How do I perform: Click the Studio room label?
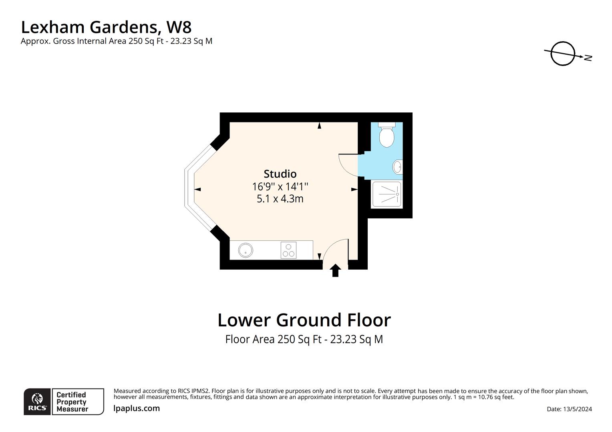point(280,174)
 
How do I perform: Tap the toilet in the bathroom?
point(387,136)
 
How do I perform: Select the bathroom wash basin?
point(397,167)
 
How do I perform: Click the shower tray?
point(387,194)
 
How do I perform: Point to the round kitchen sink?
point(245,251)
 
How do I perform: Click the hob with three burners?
point(288,250)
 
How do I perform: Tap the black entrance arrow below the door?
point(335,270)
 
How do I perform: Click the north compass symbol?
point(563,54)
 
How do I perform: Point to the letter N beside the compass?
point(588,58)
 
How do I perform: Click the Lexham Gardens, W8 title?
point(106,27)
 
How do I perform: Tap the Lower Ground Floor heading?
point(304,320)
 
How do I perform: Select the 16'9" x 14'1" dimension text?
point(280,187)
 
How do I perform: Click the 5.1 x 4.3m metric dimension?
point(280,199)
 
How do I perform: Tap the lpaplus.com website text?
point(137,408)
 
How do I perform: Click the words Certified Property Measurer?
point(72,402)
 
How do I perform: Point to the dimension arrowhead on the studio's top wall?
point(319,126)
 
